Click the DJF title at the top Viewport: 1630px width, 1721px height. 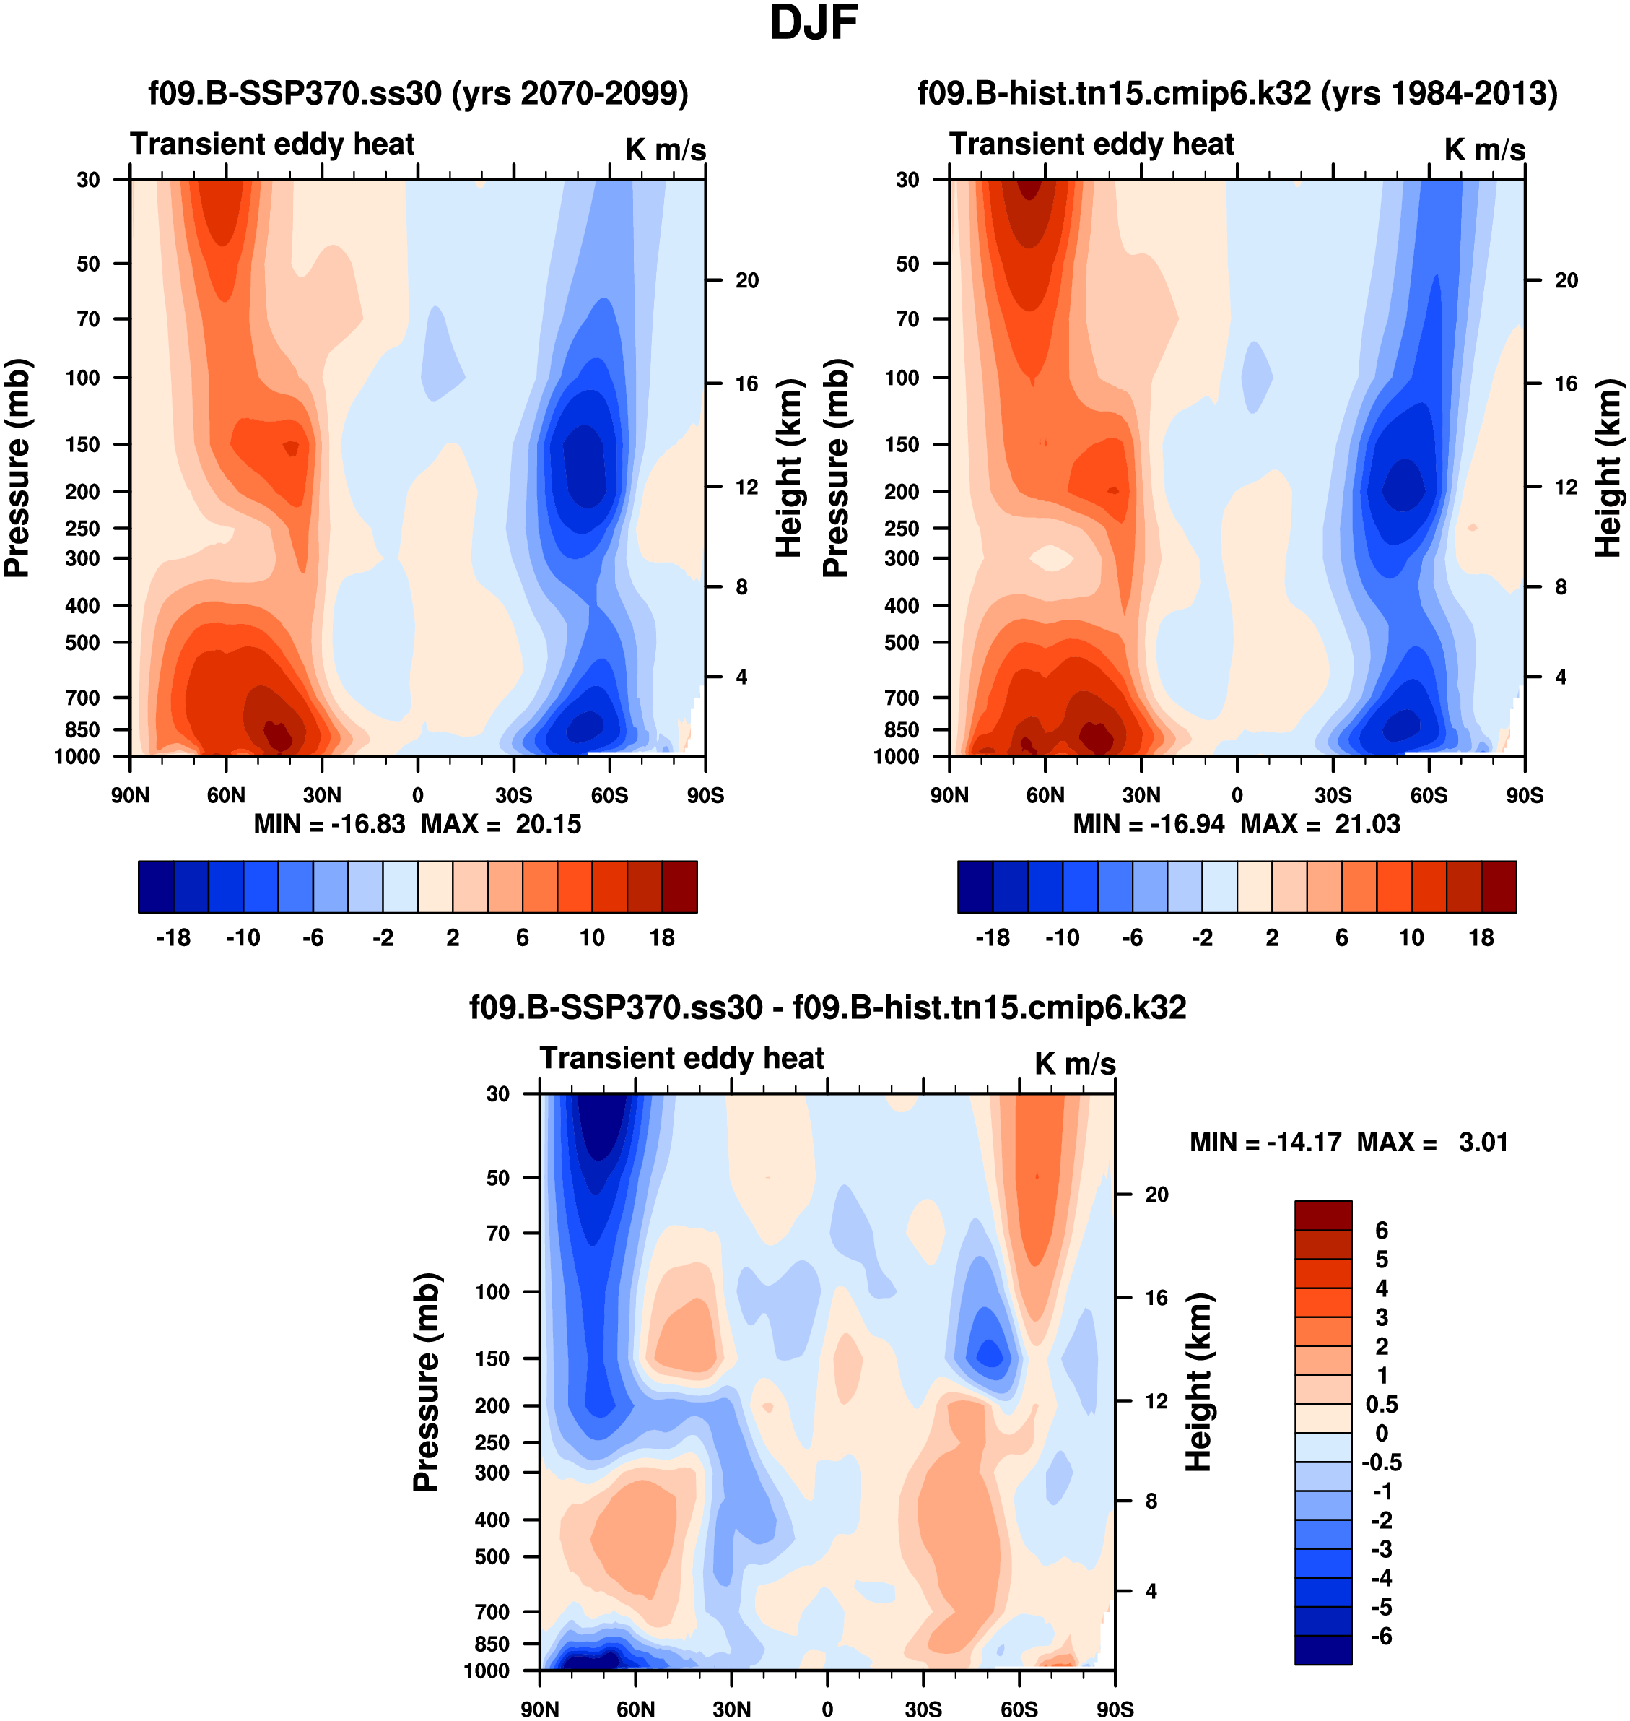[814, 23]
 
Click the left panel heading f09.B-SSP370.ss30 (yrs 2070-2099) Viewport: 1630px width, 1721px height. [418, 93]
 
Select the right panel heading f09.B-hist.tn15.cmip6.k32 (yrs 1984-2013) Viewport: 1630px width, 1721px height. [1237, 93]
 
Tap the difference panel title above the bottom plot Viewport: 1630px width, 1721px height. [827, 1007]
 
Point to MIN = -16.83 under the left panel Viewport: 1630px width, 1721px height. [329, 824]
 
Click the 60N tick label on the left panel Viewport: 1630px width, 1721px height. [226, 795]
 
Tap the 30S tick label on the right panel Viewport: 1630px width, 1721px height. [1333, 795]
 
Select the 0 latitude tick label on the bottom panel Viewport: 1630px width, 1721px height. [827, 1709]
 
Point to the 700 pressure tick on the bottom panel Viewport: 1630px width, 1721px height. [492, 1611]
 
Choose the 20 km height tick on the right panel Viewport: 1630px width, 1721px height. [1566, 280]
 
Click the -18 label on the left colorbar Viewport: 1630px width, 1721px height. [173, 938]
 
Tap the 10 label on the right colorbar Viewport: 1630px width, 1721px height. [1411, 938]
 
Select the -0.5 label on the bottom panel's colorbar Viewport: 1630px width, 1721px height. [1382, 1463]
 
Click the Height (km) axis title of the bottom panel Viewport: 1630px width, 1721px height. [1199, 1382]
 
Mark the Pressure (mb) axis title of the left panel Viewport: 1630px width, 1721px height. [17, 468]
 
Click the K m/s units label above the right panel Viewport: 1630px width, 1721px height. [1485, 149]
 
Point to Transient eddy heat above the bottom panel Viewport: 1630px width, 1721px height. [681, 1058]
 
